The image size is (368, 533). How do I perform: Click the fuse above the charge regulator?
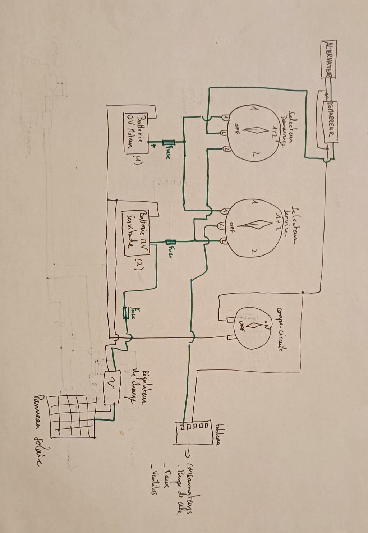tap(126, 312)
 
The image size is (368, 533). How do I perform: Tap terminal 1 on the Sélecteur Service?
tap(224, 211)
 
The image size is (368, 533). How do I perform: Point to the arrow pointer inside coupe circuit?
tap(254, 325)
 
